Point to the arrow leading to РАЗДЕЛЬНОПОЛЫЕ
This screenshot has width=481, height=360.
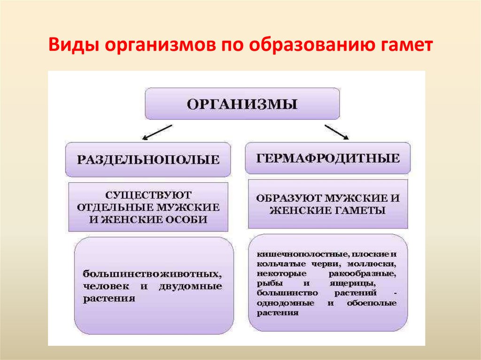coord(157,132)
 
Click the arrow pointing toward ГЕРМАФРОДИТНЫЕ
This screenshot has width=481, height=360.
coord(336,132)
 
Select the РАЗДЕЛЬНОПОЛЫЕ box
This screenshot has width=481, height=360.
coord(148,160)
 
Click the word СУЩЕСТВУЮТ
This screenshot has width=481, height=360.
coord(148,194)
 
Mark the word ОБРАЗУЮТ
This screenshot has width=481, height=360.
coord(286,198)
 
